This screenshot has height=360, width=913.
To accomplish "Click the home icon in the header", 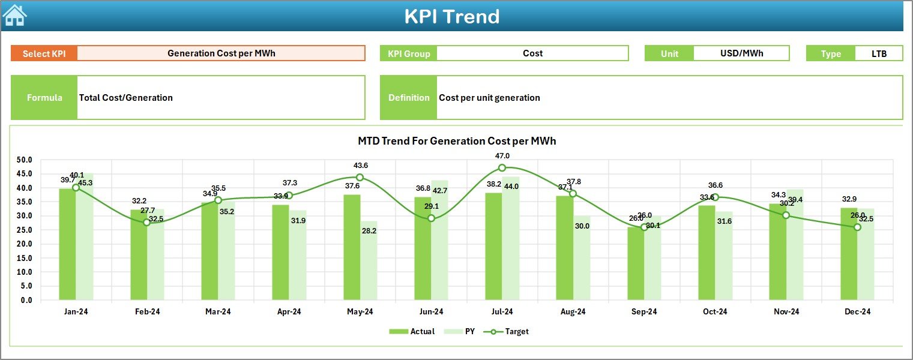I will click(x=14, y=15).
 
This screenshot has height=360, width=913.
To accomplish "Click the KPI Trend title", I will click(x=451, y=16).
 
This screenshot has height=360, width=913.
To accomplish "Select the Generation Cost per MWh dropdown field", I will click(x=221, y=53).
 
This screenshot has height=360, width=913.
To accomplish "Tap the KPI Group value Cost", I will click(x=532, y=53).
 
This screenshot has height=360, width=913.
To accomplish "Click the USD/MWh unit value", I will click(x=741, y=53).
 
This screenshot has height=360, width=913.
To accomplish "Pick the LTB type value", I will click(x=879, y=53).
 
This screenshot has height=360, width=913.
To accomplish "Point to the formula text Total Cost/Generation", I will click(x=126, y=98).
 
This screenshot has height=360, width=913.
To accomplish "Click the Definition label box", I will click(x=409, y=98).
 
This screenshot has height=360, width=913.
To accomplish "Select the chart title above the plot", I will click(x=457, y=141).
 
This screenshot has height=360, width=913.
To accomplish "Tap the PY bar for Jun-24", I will click(x=439, y=240).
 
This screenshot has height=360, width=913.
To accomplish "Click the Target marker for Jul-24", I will click(x=502, y=168).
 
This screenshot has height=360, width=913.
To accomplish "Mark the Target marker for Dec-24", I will click(x=857, y=227).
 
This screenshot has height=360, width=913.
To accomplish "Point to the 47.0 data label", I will click(x=502, y=156).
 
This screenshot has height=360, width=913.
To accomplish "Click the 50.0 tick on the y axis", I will click(x=24, y=160).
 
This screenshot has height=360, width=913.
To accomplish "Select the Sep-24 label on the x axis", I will click(x=644, y=311).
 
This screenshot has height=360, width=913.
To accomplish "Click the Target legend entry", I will click(x=510, y=331).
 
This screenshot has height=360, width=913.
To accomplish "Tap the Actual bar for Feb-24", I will click(x=139, y=254).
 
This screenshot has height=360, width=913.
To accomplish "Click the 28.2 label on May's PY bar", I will click(x=369, y=231).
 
